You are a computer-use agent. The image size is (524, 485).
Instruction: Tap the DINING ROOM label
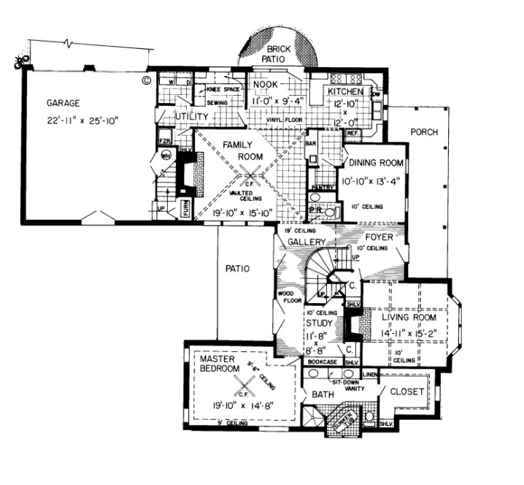point(375,163)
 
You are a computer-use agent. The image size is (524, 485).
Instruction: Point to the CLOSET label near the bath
point(407,392)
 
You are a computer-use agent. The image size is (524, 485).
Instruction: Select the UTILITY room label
point(192,117)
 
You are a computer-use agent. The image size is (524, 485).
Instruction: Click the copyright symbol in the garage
point(146,81)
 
